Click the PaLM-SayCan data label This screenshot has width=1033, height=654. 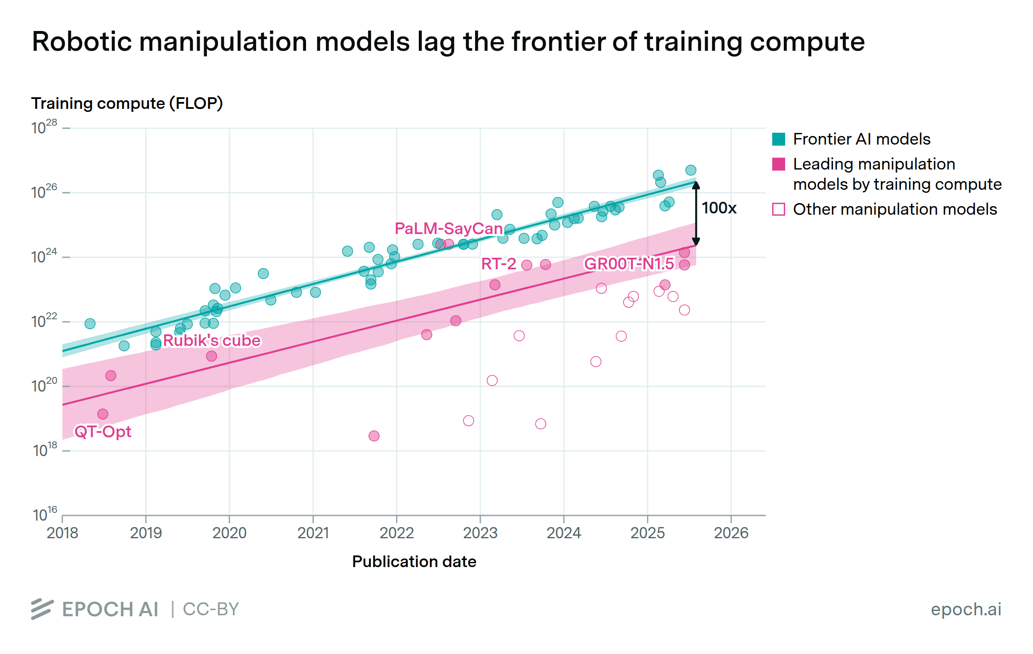click(448, 228)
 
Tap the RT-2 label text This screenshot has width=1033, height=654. click(498, 264)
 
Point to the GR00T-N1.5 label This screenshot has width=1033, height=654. click(629, 264)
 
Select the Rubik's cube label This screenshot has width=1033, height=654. click(212, 340)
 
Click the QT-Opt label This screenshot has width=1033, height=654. click(103, 431)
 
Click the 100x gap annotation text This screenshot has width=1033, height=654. click(719, 208)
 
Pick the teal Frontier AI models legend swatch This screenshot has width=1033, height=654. click(779, 139)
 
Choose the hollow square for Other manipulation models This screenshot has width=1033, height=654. click(779, 209)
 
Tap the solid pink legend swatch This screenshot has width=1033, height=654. click(779, 164)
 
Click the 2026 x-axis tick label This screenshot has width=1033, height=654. click(731, 533)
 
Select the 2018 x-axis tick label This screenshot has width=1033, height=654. click(62, 533)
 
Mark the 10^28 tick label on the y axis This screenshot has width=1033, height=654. click(44, 127)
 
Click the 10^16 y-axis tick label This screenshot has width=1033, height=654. click(45, 515)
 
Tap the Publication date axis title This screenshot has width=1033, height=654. click(414, 561)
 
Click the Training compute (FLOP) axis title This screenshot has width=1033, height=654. click(127, 103)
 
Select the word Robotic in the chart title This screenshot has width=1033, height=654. click(82, 42)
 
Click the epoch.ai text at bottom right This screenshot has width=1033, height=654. click(966, 609)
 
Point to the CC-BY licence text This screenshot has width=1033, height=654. click(211, 609)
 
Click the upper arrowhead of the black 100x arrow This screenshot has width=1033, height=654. click(696, 185)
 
